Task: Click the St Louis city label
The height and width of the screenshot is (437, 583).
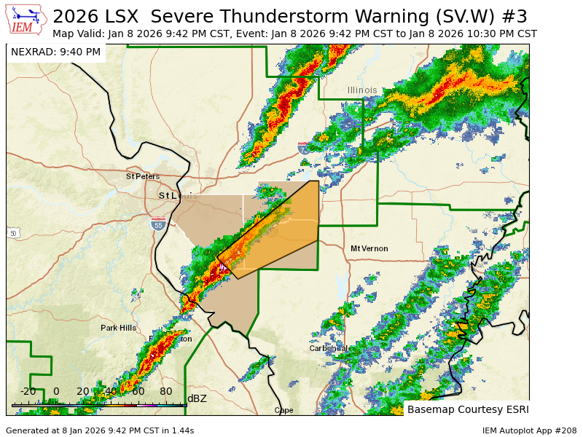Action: coord(178,196)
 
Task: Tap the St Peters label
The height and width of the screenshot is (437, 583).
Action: coord(142,176)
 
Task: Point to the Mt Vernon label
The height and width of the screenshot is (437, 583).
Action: coord(369,248)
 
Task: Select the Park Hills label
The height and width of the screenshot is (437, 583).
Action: coord(118,328)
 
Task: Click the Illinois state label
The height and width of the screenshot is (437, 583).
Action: coord(362,90)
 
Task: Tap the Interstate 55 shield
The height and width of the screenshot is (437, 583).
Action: coord(158,225)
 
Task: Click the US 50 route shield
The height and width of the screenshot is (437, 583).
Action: coord(14,233)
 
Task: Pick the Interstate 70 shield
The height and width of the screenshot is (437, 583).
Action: coord(303,149)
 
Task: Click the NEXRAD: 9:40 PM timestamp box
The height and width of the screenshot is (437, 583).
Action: coord(56,52)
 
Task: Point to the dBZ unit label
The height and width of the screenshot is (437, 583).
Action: coord(197,398)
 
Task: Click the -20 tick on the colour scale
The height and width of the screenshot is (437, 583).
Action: coord(28,391)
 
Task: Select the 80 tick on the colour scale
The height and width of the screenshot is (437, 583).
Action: coord(166,391)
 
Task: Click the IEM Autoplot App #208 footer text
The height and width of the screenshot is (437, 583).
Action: coord(529,430)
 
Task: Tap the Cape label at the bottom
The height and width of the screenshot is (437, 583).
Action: coord(283,410)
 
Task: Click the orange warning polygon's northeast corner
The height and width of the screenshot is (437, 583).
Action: coord(318,181)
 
